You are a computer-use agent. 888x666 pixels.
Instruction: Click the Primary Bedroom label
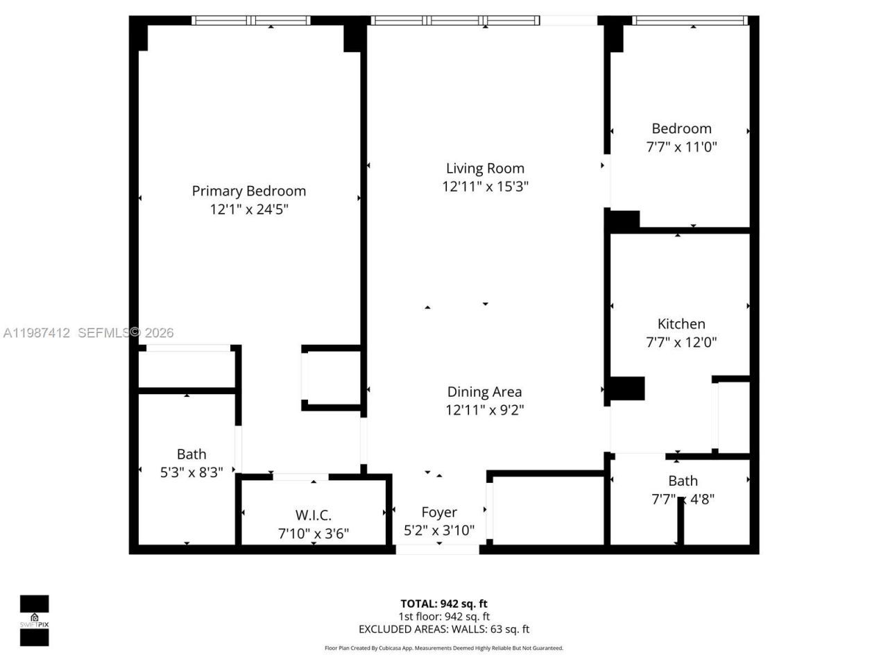pos(248,191)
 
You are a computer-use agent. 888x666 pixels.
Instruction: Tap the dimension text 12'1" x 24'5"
pos(248,209)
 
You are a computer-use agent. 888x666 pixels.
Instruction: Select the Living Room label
pos(485,168)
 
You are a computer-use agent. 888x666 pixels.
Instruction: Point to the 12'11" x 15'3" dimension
pos(485,186)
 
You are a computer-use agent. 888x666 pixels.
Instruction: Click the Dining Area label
pos(484,391)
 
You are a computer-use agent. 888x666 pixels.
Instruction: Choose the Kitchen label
pos(681,323)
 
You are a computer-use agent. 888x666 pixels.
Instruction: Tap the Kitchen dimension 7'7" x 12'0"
pos(681,341)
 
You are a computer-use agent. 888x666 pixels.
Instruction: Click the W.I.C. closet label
pos(313,515)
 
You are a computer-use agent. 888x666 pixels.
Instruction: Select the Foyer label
pos(439,512)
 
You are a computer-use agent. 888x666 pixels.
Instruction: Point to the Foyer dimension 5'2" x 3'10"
pos(439,530)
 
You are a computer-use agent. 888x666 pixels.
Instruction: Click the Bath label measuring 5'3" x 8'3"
pos(191,454)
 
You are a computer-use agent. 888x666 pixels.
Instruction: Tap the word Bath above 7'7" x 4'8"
pos(683,480)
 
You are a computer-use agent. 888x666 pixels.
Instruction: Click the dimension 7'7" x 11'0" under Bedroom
pos(681,146)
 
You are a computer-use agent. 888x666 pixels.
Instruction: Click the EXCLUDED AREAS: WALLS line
pos(443,629)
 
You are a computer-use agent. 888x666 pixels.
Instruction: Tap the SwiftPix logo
pos(34,620)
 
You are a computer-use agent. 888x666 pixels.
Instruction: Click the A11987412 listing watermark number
pos(37,333)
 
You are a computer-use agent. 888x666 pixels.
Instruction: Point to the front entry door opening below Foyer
pos(437,549)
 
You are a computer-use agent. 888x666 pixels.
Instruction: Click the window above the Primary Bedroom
pos(250,21)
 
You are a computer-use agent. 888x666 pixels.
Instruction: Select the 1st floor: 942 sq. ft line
pos(443,616)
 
